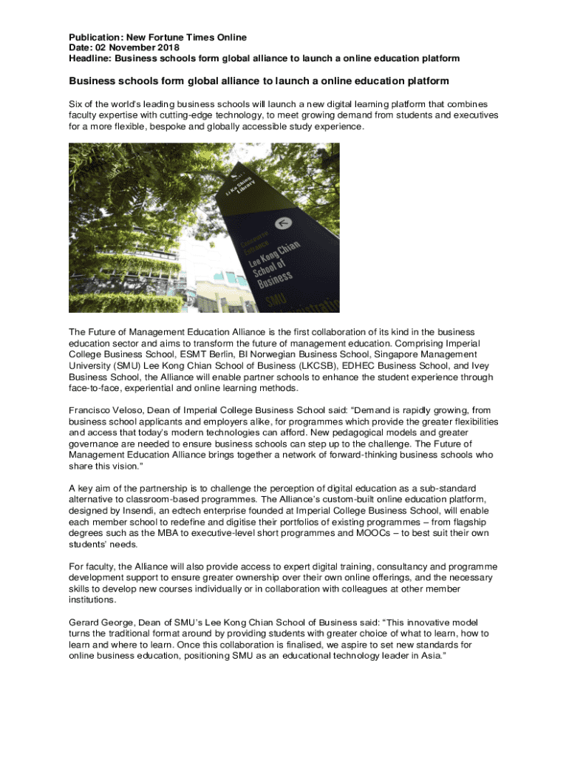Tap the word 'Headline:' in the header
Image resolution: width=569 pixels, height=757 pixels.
pos(91,58)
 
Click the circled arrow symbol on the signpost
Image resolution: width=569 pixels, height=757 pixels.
pos(280,223)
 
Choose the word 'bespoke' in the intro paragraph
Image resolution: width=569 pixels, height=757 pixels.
pos(162,126)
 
